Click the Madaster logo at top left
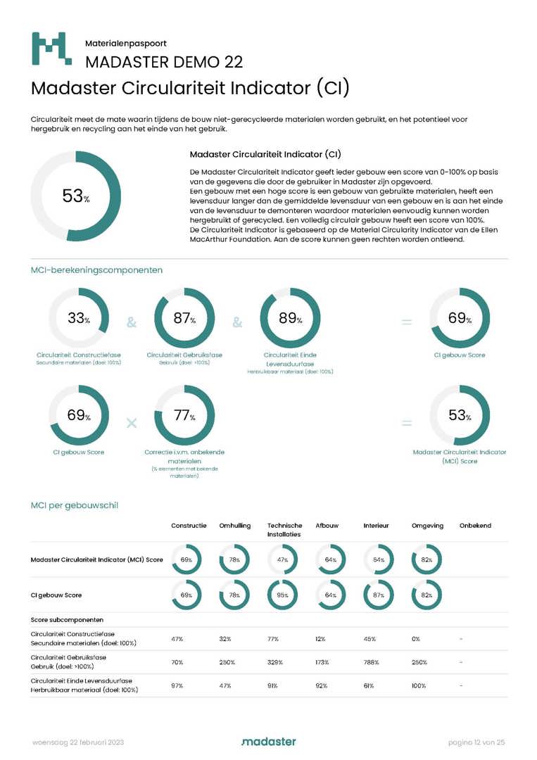point(51,49)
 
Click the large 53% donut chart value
point(76,196)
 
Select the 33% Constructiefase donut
point(79,319)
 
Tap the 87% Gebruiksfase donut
point(184,319)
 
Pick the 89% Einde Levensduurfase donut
point(290,319)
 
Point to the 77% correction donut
point(184,416)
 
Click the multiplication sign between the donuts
point(131,423)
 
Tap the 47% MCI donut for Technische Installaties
point(282,559)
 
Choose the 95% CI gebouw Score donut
point(282,595)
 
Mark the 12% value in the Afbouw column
point(320,639)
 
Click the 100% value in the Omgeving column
point(418,685)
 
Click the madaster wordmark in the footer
point(268,742)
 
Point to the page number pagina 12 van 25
point(477,742)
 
